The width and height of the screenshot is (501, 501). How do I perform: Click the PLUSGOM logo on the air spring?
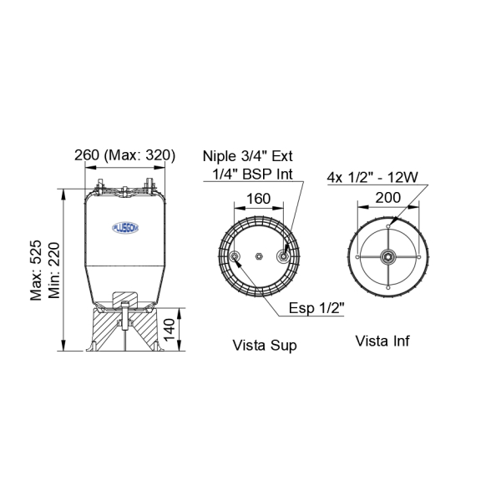coord(125,228)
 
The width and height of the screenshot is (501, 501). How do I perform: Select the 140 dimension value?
coord(170,330)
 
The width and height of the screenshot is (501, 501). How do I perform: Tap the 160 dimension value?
coord(259,199)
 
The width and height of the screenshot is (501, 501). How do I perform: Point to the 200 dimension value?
coord(388,197)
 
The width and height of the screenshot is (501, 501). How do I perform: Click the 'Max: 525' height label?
coord(36,271)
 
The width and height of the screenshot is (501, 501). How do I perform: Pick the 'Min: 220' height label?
coord(54,271)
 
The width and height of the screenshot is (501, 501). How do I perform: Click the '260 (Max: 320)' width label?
coord(125,155)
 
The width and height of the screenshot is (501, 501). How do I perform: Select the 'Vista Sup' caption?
coord(265,346)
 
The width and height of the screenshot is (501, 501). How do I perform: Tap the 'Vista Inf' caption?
coord(382,341)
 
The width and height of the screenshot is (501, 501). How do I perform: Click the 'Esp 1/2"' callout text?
coord(316,308)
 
